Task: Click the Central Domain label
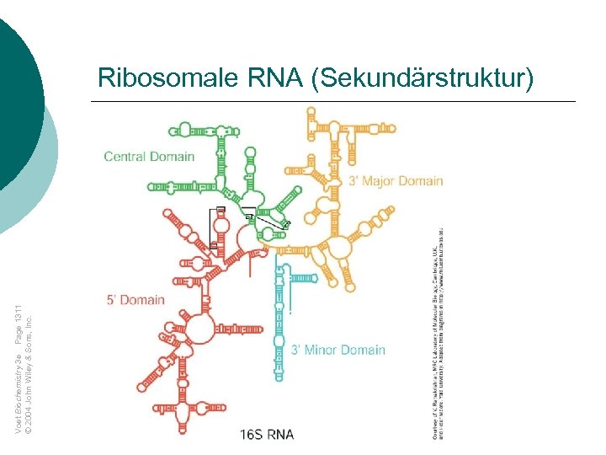(x=149, y=156)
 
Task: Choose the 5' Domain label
(x=136, y=300)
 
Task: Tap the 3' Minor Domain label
(x=338, y=350)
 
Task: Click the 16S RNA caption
(x=267, y=434)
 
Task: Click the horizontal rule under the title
(x=333, y=102)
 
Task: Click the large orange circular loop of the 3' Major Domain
(x=338, y=247)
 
